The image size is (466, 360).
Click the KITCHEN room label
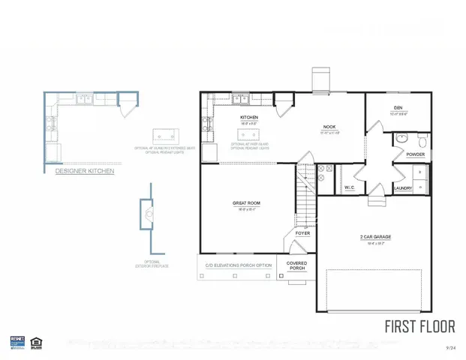(249, 118)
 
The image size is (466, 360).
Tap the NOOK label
(329, 127)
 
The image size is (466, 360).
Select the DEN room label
(398, 107)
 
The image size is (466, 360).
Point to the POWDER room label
(415, 154)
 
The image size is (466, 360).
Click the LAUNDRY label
(403, 188)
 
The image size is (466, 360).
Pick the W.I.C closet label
(349, 187)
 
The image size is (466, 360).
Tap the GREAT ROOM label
(241, 203)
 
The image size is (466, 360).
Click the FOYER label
(302, 233)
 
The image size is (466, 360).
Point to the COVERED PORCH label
(297, 265)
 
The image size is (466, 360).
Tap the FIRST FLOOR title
(419, 327)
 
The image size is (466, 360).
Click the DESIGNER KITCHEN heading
(86, 172)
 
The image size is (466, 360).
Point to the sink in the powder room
(401, 138)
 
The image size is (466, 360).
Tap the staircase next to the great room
(304, 197)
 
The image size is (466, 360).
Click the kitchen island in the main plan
(249, 135)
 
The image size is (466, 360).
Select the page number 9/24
(450, 347)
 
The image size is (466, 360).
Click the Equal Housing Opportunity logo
(35, 342)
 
